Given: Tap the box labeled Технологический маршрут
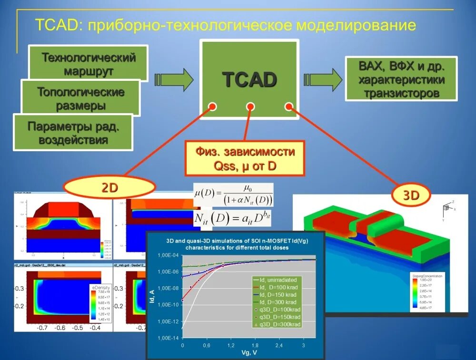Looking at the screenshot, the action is click(89, 64).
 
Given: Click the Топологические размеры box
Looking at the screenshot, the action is click(80, 98).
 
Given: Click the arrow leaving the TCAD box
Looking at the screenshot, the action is click(323, 78).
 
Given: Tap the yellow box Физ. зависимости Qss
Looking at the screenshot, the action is click(245, 158).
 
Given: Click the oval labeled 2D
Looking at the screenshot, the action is click(110, 188).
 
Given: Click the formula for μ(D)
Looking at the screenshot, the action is click(233, 194).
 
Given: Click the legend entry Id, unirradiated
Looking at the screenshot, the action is click(278, 281).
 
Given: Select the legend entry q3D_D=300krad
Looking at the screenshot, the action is click(278, 324).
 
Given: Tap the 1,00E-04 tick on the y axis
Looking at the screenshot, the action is click(167, 256).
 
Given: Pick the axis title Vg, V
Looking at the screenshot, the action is click(248, 353).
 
